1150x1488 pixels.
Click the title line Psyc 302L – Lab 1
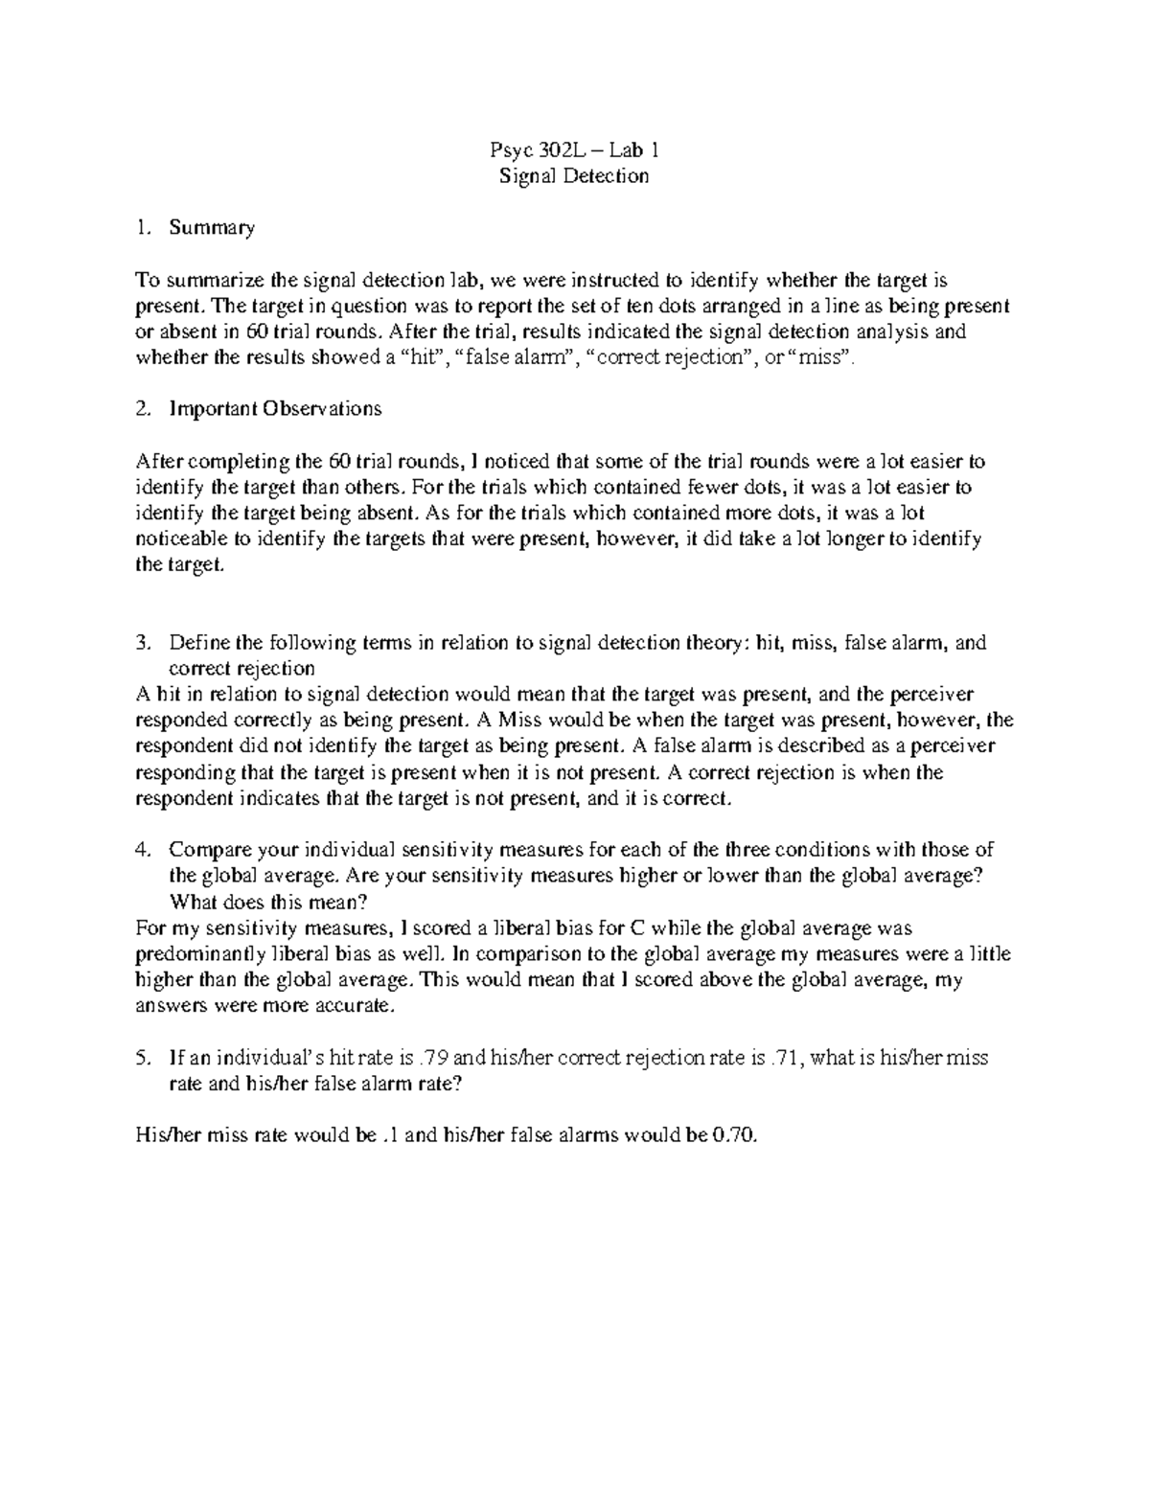coord(574,150)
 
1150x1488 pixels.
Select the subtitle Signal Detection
coord(574,176)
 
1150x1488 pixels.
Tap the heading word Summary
coord(212,228)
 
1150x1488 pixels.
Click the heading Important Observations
coord(275,409)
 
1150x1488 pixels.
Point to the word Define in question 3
coord(199,643)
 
